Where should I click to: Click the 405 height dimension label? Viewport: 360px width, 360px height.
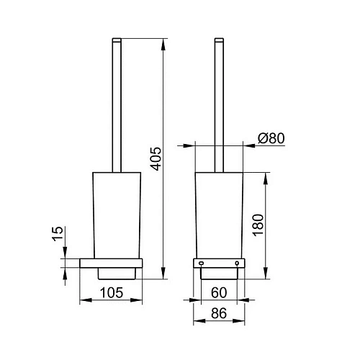click(156, 158)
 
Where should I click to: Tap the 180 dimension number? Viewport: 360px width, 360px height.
click(258, 225)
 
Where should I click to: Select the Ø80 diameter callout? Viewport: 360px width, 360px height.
click(271, 138)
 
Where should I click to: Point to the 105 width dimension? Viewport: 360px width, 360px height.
click(112, 292)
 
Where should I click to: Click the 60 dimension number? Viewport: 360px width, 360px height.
click(219, 292)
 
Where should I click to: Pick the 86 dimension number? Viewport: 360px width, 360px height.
click(219, 313)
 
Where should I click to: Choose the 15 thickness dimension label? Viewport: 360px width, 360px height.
click(58, 233)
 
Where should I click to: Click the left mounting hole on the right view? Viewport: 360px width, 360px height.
click(201, 264)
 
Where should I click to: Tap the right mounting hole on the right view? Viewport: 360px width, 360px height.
click(237, 264)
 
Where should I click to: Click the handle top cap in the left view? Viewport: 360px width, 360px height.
click(117, 40)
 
